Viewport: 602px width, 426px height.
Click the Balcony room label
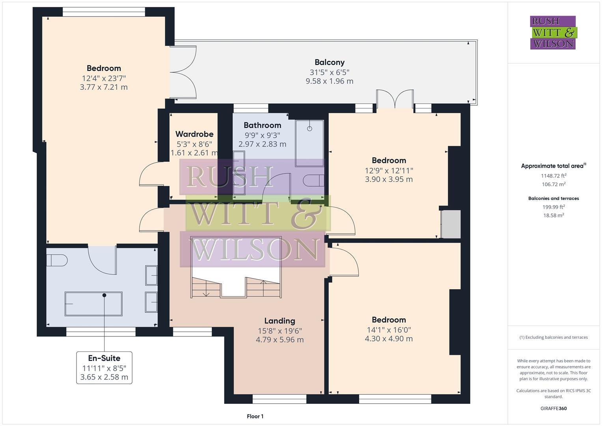[x=329, y=62]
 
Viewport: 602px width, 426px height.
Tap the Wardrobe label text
[x=194, y=134]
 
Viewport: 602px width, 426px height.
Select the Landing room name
[x=280, y=321]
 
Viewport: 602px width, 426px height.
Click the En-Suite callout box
[x=104, y=367]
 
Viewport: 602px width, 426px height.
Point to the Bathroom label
[x=262, y=125]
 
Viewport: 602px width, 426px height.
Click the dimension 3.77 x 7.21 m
[x=104, y=87]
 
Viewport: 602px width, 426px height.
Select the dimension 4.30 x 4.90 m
[x=389, y=338]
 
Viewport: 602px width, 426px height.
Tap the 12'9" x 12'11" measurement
[x=389, y=170]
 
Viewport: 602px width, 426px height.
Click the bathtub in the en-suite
[x=93, y=304]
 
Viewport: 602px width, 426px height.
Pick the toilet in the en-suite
[x=57, y=260]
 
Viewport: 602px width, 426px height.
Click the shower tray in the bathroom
[x=309, y=143]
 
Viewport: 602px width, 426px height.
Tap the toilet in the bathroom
[x=314, y=180]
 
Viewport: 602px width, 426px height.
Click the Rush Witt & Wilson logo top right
[x=553, y=33]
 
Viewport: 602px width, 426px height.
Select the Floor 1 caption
[x=255, y=416]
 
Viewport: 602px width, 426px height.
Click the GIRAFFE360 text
[x=553, y=408]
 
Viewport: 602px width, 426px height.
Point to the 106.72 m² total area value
[x=553, y=184]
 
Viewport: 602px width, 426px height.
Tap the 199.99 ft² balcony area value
[x=553, y=207]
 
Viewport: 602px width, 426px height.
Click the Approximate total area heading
[x=553, y=166]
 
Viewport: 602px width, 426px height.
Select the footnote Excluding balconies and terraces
[x=553, y=337]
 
